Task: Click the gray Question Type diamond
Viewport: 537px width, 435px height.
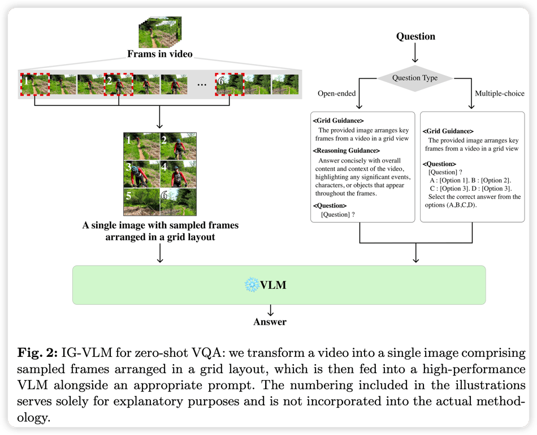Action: tap(415, 78)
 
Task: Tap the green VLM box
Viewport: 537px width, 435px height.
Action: tap(279, 285)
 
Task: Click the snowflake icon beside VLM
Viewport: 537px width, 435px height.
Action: tap(250, 285)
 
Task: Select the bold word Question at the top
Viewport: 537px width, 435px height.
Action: tap(415, 36)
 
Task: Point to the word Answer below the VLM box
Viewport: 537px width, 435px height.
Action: tap(270, 322)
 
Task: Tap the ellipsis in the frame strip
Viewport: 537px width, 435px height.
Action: tap(201, 84)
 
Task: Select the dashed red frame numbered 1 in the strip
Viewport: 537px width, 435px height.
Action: tap(35, 84)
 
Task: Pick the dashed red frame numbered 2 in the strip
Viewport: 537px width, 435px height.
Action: tap(118, 84)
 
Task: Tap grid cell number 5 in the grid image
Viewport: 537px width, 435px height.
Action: tap(141, 202)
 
